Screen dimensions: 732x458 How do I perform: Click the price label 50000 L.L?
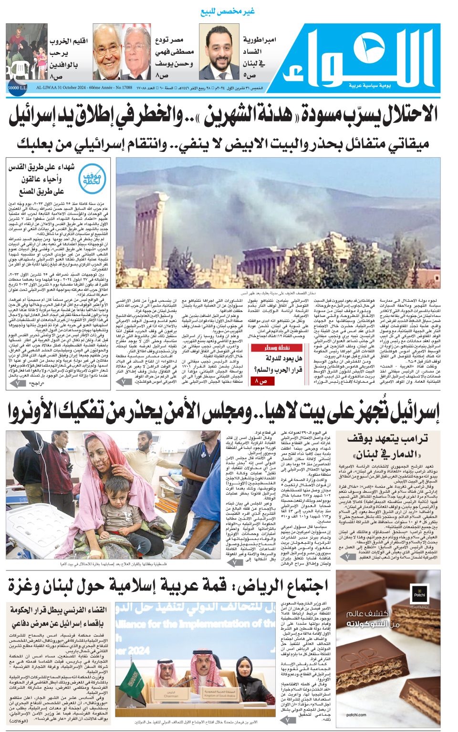click(x=17, y=88)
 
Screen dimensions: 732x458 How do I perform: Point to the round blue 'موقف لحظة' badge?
click(x=92, y=178)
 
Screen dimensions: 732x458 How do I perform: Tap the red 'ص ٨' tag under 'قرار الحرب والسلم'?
click(x=262, y=381)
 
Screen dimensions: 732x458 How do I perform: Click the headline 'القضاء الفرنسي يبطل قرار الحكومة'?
click(x=58, y=610)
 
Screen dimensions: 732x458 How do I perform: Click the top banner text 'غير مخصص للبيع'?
click(x=228, y=11)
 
